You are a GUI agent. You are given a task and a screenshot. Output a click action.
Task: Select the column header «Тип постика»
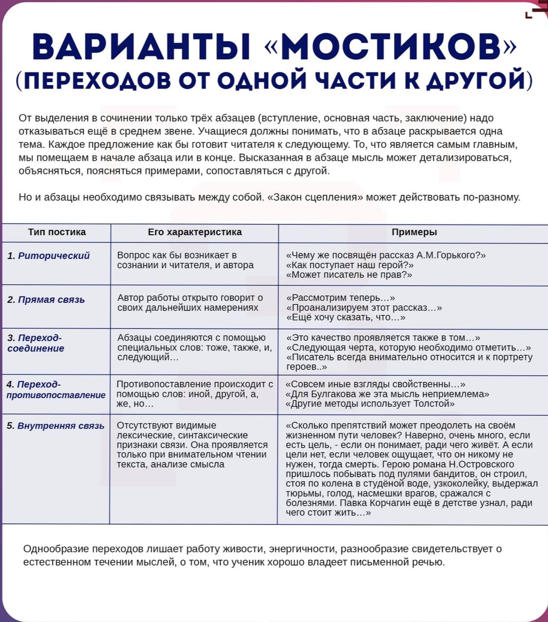tap(57, 232)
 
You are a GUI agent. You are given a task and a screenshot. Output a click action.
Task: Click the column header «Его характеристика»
tap(195, 232)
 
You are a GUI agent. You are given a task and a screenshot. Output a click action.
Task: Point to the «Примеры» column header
tap(414, 232)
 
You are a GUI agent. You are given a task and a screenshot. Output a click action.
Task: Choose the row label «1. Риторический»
tap(49, 256)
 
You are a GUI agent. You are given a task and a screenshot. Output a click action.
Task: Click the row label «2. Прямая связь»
tap(46, 300)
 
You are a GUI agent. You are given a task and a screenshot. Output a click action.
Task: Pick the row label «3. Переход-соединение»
tap(36, 343)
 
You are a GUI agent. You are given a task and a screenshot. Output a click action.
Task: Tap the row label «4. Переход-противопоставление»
tap(55, 390)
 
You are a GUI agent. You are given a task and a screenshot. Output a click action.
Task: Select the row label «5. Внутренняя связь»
tap(55, 426)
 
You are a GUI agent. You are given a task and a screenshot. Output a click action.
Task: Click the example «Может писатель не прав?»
tap(349, 275)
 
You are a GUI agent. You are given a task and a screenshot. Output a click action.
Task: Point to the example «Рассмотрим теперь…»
tap(341, 298)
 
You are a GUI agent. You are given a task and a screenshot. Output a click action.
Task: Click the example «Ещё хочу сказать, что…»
tap(346, 318)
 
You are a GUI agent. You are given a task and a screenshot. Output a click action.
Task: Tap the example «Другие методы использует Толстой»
tap(370, 404)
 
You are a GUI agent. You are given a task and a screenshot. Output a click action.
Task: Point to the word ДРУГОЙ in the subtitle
tap(474, 80)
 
